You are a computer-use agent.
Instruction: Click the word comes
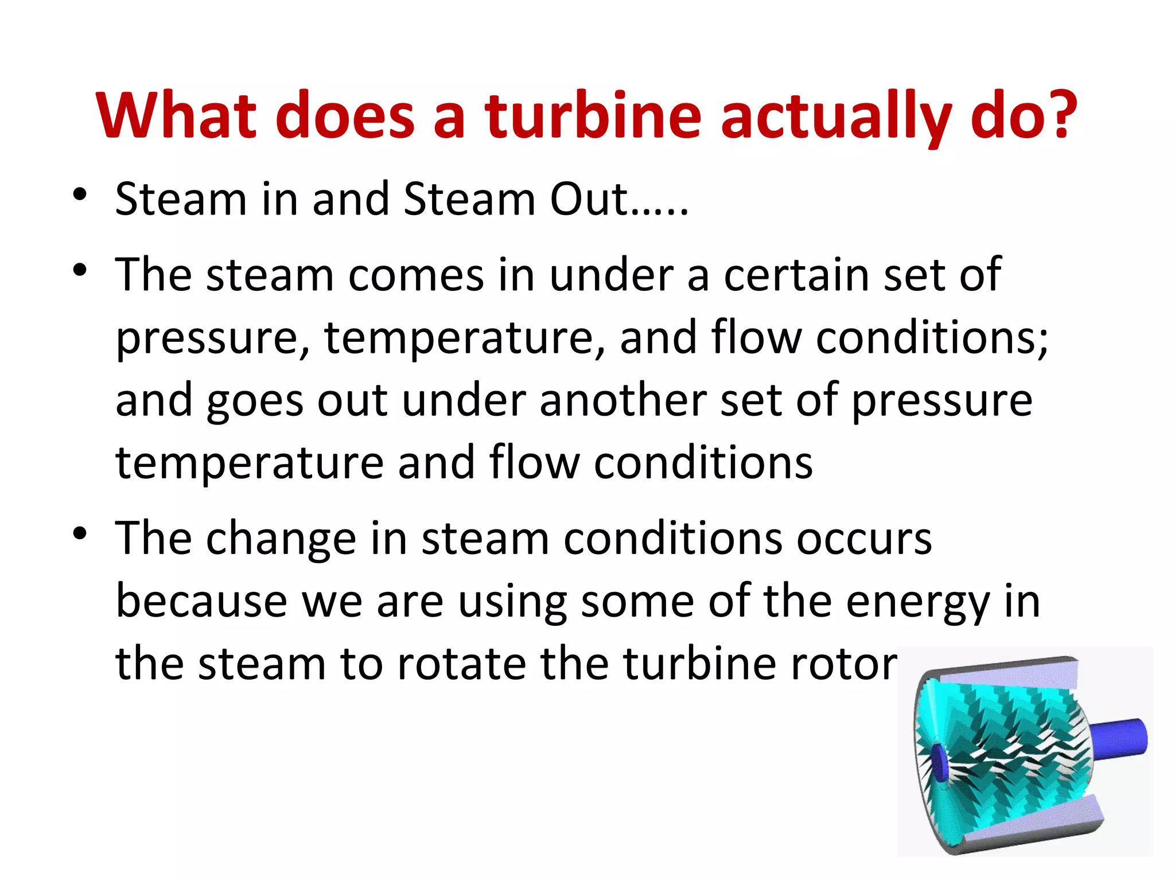coord(416,275)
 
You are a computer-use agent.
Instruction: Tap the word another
coord(622,400)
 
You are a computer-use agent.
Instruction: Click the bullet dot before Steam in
coord(80,194)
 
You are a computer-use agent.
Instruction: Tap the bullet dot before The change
coord(80,533)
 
